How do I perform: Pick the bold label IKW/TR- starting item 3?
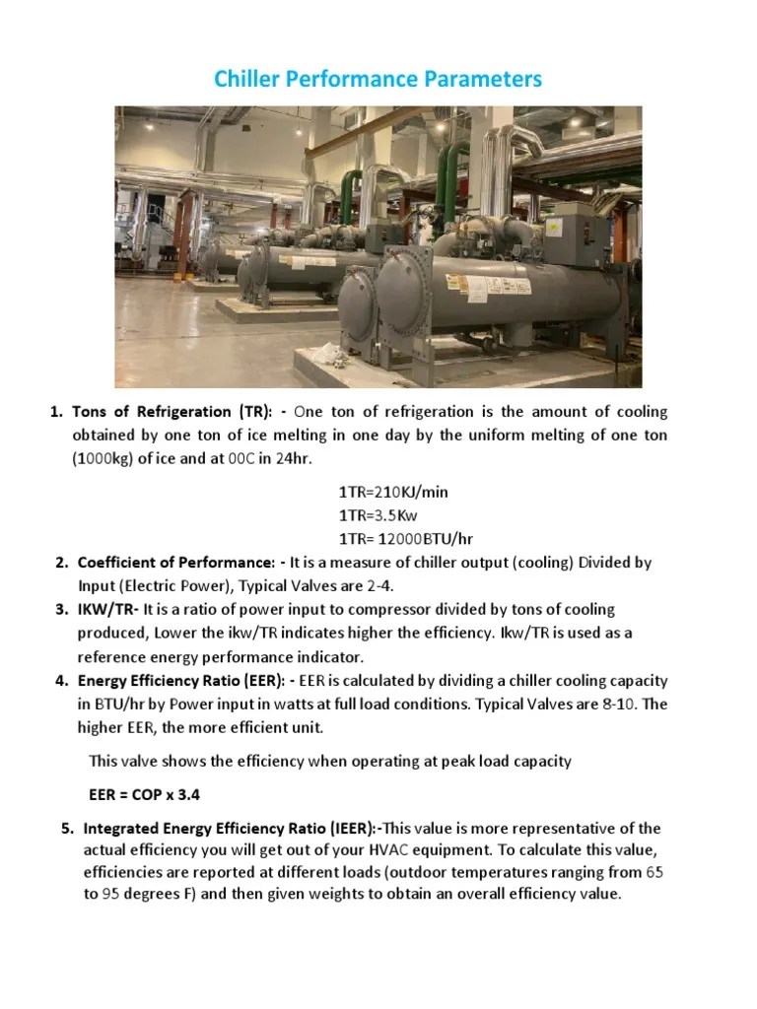108,610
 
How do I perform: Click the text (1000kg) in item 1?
103,458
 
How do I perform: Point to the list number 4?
61,681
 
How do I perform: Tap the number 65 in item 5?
654,872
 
